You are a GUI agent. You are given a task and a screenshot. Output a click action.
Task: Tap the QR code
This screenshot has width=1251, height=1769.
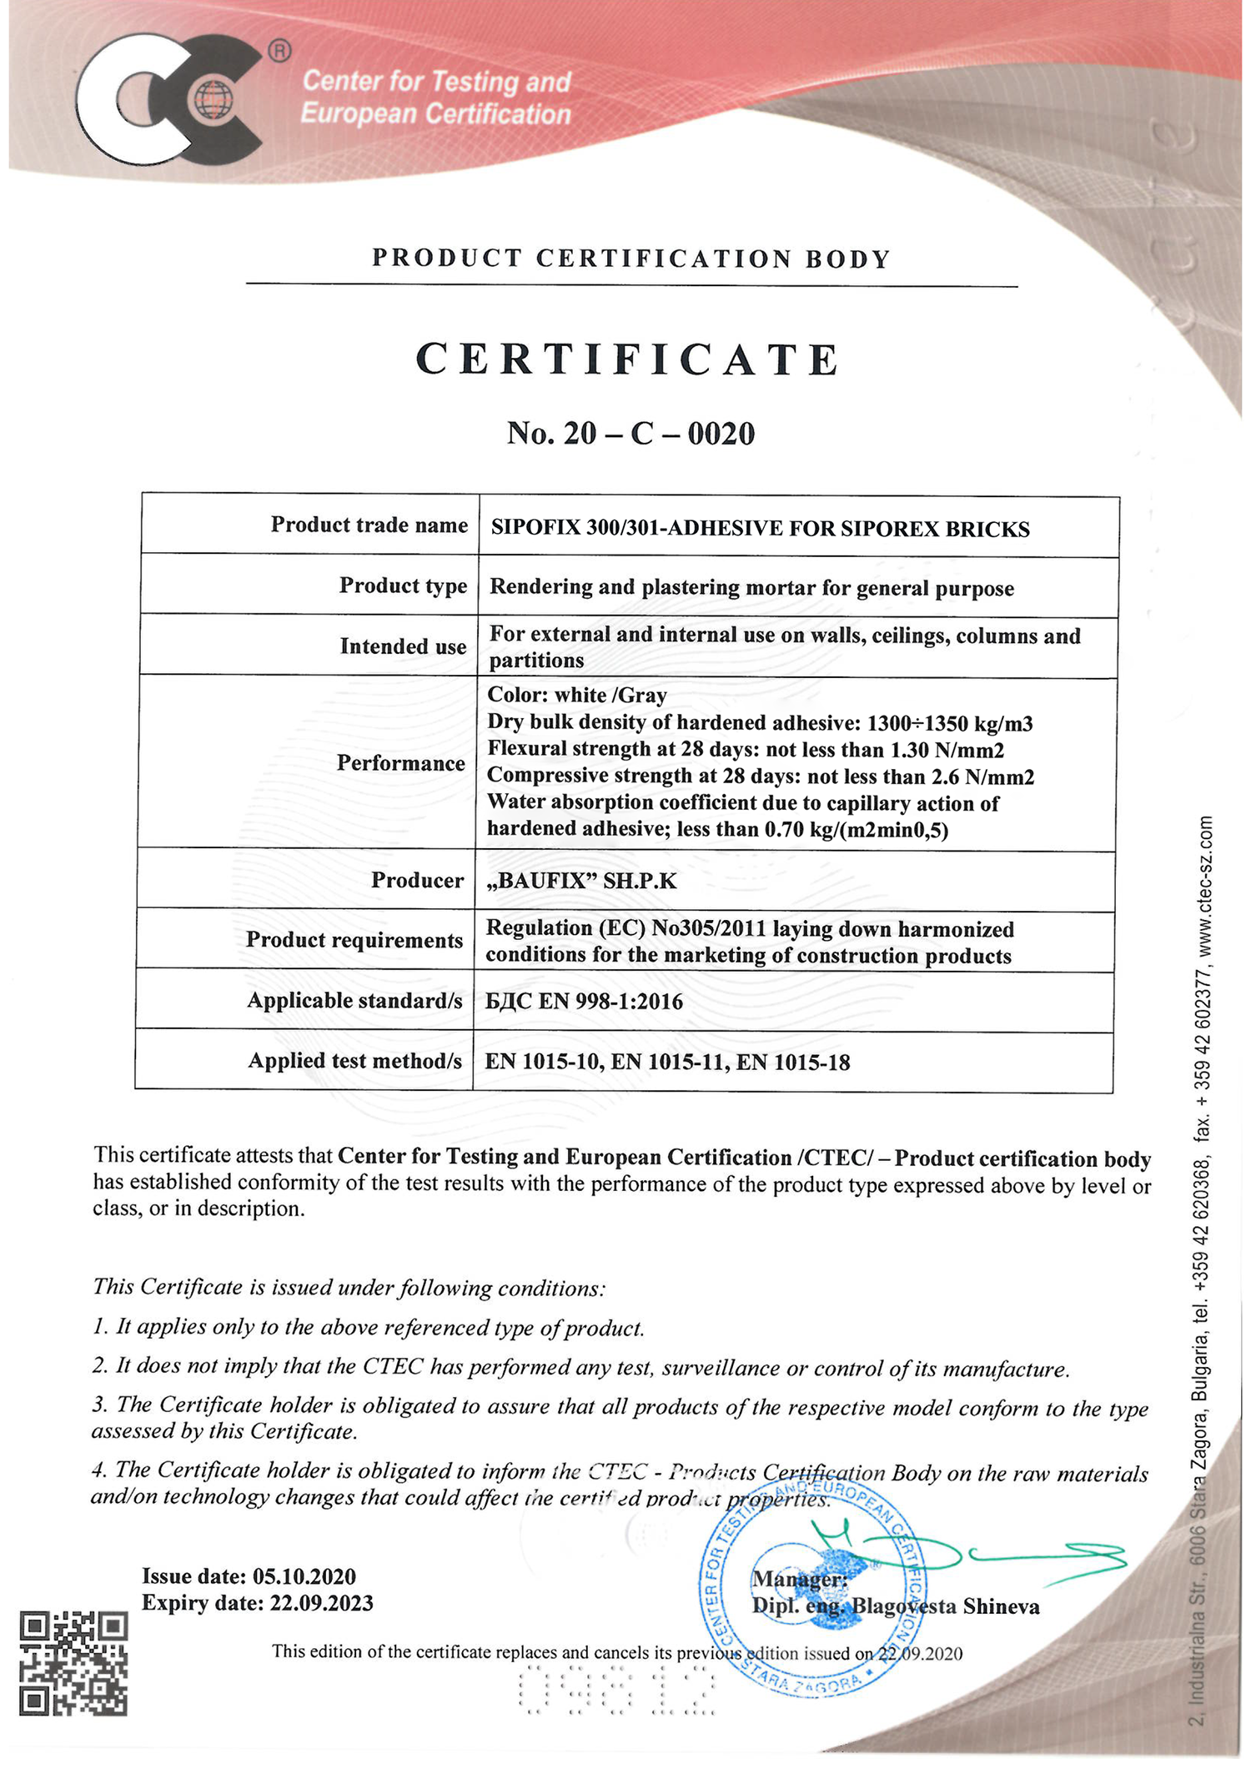[x=73, y=1663]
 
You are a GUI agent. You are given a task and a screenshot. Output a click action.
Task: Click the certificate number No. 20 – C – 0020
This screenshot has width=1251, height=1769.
[x=631, y=434]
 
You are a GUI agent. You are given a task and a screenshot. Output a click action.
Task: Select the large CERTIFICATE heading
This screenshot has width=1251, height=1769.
[x=628, y=360]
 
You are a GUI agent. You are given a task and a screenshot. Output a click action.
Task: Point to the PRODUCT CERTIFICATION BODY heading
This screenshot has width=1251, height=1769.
[x=631, y=259]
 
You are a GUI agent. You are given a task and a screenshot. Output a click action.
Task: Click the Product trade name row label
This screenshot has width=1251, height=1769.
[x=369, y=525]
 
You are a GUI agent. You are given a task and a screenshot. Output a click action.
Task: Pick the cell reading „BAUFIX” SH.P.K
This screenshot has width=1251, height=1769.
[x=581, y=881]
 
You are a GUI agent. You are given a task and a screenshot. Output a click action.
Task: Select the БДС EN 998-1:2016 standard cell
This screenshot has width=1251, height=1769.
[x=584, y=1001]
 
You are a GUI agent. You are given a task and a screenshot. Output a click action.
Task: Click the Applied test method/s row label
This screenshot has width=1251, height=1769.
[x=354, y=1061]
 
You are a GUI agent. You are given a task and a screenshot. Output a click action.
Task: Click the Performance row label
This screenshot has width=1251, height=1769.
[x=400, y=763]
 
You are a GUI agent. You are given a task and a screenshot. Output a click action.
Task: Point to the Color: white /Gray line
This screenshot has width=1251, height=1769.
[x=577, y=695]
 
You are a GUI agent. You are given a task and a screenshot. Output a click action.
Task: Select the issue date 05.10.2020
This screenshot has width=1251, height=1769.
[x=304, y=1576]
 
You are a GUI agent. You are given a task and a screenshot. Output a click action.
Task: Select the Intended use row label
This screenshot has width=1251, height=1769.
[x=403, y=646]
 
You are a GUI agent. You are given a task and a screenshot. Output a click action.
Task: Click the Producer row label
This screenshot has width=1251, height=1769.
[x=417, y=880]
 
